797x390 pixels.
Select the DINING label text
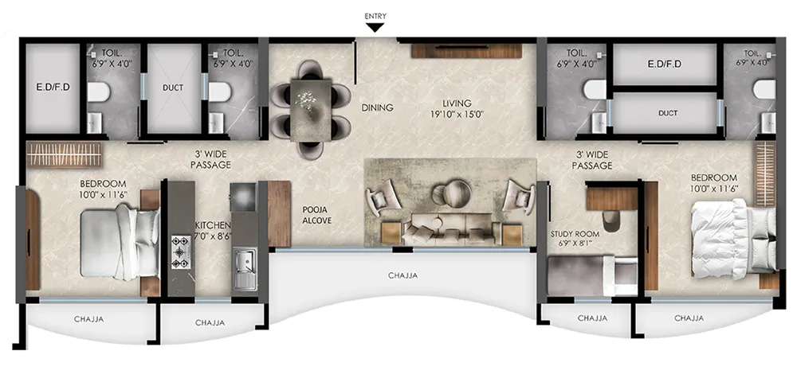coord(377,107)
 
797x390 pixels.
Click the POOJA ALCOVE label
coord(316,215)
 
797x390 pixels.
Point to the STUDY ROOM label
coord(575,234)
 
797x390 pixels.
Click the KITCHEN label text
coord(214,225)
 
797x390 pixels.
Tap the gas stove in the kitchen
coord(180,252)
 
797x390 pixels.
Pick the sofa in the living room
coord(447,228)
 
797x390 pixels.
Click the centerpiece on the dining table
coord(307,102)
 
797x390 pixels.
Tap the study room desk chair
coord(611,220)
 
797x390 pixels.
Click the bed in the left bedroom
coord(120,242)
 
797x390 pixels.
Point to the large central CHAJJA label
coord(402,275)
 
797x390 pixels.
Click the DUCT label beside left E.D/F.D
coord(173,88)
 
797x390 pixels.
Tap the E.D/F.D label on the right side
coord(664,64)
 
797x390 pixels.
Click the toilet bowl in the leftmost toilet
coord(99,92)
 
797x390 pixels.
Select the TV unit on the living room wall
coord(466,51)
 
